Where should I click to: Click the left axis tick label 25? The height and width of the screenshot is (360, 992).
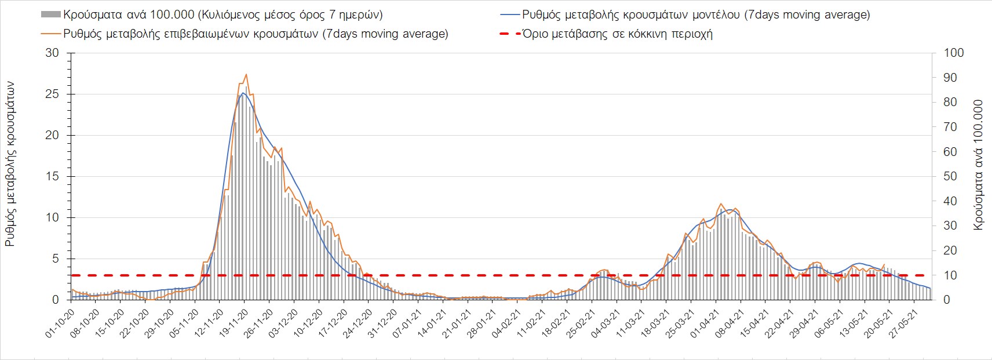coord(52,94)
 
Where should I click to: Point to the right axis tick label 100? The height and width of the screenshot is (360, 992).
coord(954,53)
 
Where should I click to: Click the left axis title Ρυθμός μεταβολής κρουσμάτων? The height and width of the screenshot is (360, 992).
coord(10,164)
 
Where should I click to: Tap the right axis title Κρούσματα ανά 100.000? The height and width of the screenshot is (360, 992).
coord(979,165)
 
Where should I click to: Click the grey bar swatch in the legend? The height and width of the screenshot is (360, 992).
coord(50,14)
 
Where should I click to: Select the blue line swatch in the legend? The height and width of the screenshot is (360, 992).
coord(509,14)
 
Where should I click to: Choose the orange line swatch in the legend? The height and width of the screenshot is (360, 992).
coord(50,34)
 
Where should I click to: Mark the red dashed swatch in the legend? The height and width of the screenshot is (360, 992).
coord(509,34)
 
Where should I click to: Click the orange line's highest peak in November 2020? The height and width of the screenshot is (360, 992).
coord(246,74)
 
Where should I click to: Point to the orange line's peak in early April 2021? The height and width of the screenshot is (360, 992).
coord(721,203)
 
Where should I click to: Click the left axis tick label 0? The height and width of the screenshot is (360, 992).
coord(56,300)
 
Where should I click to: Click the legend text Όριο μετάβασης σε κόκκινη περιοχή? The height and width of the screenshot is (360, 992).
coord(617,34)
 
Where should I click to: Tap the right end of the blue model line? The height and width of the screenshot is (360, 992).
coord(931,289)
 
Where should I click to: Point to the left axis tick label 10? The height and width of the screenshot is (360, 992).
coord(52,217)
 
